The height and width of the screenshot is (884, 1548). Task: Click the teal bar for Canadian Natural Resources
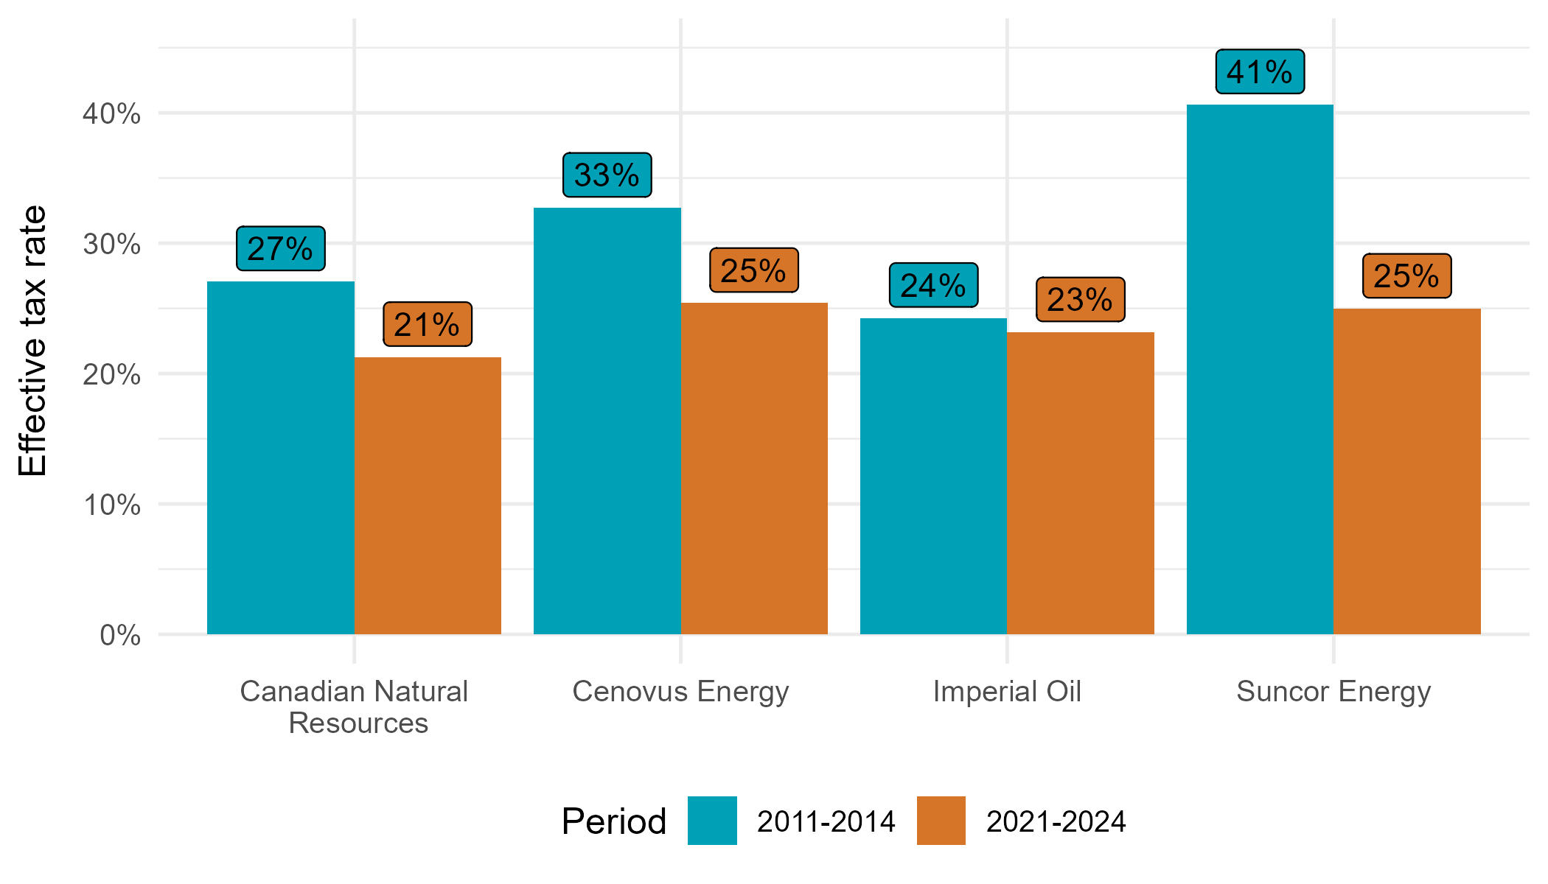tap(281, 457)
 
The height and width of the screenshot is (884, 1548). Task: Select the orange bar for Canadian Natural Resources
tap(428, 496)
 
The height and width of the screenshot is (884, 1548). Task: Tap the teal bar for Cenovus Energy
tap(607, 421)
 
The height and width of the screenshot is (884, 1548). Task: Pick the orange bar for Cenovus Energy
tap(754, 469)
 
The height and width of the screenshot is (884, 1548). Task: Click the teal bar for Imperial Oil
tap(933, 476)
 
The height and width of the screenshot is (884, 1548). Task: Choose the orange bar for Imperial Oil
tap(1081, 483)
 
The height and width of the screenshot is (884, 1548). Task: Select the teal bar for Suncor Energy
tap(1260, 369)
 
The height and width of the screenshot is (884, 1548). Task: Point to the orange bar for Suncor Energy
tap(1407, 471)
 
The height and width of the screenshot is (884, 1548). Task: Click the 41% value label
tap(1260, 72)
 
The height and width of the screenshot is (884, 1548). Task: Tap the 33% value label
tap(607, 175)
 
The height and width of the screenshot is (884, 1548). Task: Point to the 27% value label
tap(280, 249)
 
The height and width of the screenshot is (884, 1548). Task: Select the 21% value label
tap(428, 324)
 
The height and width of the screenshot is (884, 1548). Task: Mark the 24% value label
tap(933, 286)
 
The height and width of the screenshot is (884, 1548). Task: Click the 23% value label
tap(1080, 300)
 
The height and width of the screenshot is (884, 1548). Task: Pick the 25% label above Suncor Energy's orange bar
tap(1406, 276)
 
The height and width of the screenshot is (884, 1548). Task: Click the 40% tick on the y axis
tap(111, 114)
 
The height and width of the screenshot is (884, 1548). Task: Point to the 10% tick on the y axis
tap(111, 505)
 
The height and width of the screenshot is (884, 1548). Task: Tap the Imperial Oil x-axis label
tap(1007, 692)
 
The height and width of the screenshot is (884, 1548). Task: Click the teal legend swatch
tap(712, 820)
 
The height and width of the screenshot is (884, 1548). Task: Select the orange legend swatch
tap(941, 820)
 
